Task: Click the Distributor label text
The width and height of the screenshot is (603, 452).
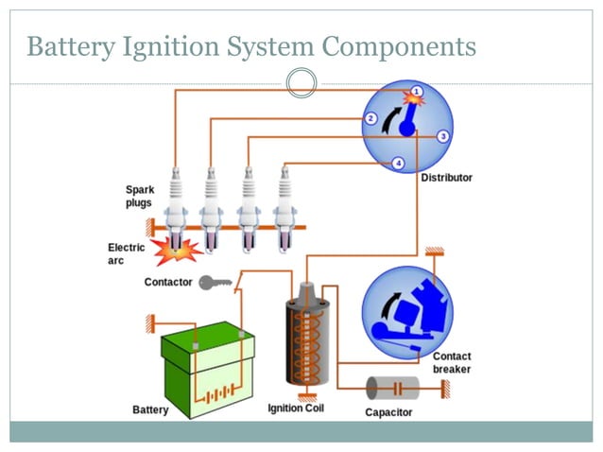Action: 446,177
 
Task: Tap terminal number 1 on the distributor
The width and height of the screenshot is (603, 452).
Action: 417,92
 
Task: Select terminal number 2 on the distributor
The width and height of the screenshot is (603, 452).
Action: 370,118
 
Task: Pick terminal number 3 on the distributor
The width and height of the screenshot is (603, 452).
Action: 442,136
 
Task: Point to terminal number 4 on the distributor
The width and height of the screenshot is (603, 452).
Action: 398,163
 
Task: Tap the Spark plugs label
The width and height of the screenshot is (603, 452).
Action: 139,196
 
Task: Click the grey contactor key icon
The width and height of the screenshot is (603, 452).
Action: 215,282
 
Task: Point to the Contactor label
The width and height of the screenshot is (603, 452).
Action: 168,282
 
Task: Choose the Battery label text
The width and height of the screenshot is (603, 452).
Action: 150,409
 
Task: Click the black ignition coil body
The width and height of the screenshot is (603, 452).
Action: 305,340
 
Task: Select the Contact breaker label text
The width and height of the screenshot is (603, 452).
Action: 451,363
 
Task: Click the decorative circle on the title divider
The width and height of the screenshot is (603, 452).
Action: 301,82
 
